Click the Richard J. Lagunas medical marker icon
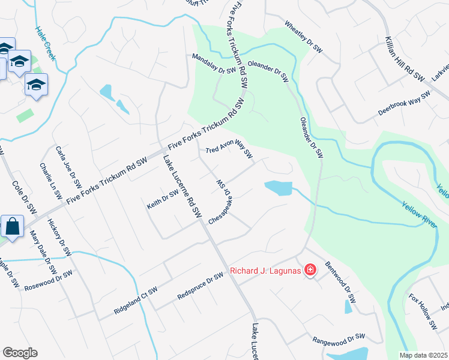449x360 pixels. point(310,271)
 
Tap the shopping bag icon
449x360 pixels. point(12,227)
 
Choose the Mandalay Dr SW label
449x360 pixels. point(213,64)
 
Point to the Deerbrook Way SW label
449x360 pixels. point(404,104)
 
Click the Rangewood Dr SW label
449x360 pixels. point(339,339)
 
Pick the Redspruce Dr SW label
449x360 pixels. point(200,289)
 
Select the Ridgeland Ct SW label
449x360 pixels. point(136,301)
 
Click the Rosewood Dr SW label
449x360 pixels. point(48,280)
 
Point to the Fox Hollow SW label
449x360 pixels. point(423,311)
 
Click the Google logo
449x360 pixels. point(20,353)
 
